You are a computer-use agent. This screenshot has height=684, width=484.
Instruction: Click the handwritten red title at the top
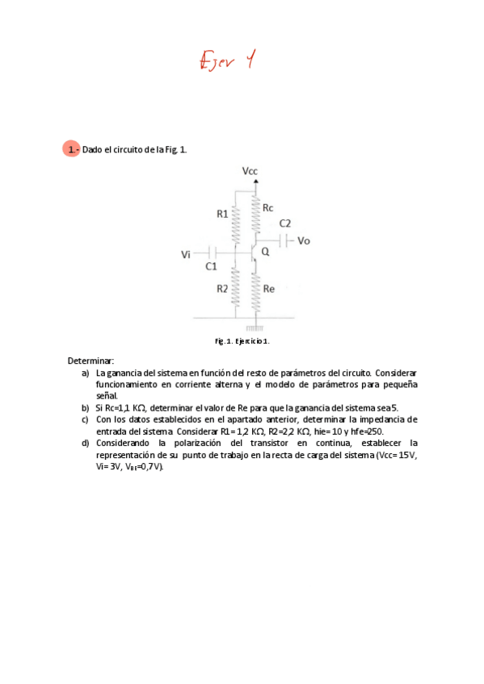coord(227,60)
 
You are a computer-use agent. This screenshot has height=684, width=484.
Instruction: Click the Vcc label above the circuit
coord(250,171)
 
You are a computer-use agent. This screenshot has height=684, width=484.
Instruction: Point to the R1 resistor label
coord(222,214)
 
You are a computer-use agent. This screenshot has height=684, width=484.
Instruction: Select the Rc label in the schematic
coord(268,208)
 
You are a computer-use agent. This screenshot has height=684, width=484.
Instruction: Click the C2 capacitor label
coord(285,223)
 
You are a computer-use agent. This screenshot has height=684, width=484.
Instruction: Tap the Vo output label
coord(304,240)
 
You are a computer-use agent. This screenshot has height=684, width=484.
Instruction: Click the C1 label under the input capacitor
coord(210,265)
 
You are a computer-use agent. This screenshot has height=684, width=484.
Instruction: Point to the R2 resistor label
coord(221,289)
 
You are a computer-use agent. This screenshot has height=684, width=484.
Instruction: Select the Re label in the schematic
coord(269,289)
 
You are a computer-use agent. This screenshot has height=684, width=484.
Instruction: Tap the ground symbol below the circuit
coord(255,328)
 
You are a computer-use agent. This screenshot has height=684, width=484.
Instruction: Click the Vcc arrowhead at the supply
coord(256,181)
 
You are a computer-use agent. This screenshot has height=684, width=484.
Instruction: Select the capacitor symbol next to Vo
coord(285,240)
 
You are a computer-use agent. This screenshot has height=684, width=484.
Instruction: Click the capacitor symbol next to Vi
coord(211,252)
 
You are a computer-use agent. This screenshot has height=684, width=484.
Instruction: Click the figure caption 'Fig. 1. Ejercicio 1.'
coord(242,341)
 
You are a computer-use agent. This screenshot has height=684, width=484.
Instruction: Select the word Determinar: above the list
coord(90,361)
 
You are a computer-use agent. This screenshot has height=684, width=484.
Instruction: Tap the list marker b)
coord(86,408)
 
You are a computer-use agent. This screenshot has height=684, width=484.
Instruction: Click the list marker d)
coord(86,443)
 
